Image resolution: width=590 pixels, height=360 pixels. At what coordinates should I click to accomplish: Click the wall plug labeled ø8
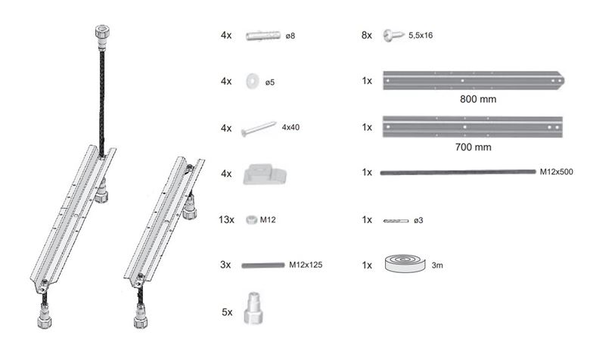[x=263, y=36]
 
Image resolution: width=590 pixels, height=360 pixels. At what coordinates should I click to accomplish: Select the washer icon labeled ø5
[x=252, y=81]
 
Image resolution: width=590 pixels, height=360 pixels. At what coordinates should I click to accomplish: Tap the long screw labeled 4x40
[x=259, y=129]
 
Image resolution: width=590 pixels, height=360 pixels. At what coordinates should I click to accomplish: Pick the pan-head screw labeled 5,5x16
[x=393, y=36]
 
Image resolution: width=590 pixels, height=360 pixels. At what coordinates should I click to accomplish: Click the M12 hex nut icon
[x=251, y=219]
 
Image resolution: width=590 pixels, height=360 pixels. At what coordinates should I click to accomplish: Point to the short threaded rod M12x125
[x=263, y=265]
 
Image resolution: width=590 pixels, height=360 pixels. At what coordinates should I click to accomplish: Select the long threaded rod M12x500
[x=458, y=172]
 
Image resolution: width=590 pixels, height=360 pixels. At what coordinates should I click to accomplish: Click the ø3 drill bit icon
[x=396, y=221]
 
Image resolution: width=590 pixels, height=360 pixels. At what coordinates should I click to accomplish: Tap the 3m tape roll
[x=405, y=263]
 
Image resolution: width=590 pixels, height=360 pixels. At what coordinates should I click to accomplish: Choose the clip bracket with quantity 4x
[x=265, y=174]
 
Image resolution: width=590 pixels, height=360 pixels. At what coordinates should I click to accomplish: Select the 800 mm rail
[x=474, y=80]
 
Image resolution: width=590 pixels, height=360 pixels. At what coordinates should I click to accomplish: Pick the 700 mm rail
[x=473, y=127]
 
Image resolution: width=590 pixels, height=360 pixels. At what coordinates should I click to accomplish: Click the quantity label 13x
[x=226, y=219]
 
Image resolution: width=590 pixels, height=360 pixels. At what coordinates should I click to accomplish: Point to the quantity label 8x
[x=367, y=36]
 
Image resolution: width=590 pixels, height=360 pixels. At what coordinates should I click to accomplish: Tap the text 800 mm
[x=478, y=99]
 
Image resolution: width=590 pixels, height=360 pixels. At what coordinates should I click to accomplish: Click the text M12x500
[x=557, y=172]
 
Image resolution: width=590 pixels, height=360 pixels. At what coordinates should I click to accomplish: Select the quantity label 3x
[x=225, y=265]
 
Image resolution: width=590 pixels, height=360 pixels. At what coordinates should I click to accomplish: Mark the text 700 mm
[x=473, y=147]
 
